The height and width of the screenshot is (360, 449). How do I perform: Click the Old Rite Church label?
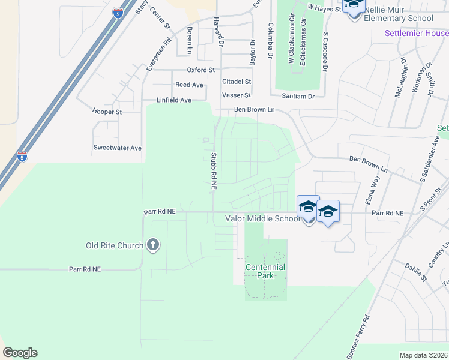click(115, 245)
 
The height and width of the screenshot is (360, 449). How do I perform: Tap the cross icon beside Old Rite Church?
click(153, 245)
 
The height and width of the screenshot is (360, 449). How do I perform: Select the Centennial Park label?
click(265, 271)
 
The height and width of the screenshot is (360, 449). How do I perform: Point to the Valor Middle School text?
click(262, 219)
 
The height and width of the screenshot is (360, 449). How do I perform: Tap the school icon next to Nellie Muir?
click(354, 6)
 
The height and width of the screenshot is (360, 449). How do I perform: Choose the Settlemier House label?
click(417, 33)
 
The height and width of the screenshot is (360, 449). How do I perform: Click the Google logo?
click(20, 353)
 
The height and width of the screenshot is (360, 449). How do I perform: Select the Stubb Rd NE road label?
click(213, 172)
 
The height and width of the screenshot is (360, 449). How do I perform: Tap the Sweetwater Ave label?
click(118, 148)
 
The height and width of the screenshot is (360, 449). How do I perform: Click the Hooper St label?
click(107, 112)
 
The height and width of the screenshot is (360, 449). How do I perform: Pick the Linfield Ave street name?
click(174, 100)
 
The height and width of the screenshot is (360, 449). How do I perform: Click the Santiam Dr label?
click(299, 96)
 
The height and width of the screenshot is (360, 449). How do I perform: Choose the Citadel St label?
click(237, 81)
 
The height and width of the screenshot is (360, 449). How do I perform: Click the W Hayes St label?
click(324, 7)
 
